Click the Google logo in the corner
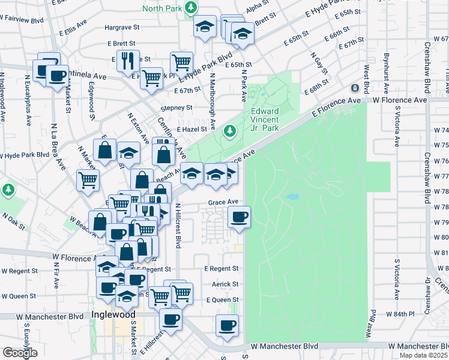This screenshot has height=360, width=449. coord(20,353)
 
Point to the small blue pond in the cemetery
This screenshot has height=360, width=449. coord(292,196)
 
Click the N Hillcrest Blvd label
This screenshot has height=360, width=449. coord(178,226)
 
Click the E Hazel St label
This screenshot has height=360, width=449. coord(195,129)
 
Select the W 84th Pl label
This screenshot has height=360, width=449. coord(398,314)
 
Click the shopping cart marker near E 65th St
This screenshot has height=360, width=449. coord(181,61)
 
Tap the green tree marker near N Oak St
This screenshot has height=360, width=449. coord(8,190)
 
